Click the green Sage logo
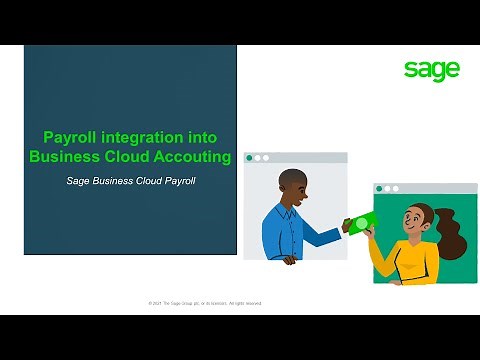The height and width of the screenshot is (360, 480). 432,69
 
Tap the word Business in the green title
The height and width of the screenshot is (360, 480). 62,156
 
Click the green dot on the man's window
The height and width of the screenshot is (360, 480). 249,158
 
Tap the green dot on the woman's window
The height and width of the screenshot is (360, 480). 379,188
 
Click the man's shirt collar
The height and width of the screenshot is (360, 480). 293,207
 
